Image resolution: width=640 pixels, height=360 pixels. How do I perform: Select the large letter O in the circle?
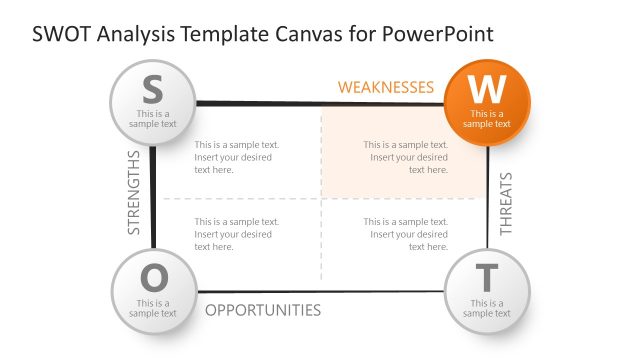[153, 277]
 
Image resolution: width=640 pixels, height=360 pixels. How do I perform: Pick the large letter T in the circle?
[486, 277]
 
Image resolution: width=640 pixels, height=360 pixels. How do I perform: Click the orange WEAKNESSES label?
[385, 87]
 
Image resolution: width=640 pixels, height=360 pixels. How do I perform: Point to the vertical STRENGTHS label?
[134, 193]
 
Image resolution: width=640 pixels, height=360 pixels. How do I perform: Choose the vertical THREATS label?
[506, 204]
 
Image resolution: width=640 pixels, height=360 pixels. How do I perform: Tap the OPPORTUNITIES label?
[263, 310]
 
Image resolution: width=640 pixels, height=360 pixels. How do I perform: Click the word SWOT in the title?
[63, 34]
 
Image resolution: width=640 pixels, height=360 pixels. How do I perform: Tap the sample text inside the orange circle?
[487, 119]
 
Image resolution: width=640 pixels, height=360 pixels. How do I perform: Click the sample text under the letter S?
[153, 119]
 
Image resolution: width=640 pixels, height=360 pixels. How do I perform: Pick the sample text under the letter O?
[153, 308]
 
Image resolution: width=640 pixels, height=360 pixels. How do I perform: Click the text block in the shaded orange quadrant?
[405, 157]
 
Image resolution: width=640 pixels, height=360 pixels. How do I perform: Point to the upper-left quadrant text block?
[237, 157]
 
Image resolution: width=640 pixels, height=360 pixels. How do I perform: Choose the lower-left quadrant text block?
[237, 234]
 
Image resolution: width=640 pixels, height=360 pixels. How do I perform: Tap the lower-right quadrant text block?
[405, 234]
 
